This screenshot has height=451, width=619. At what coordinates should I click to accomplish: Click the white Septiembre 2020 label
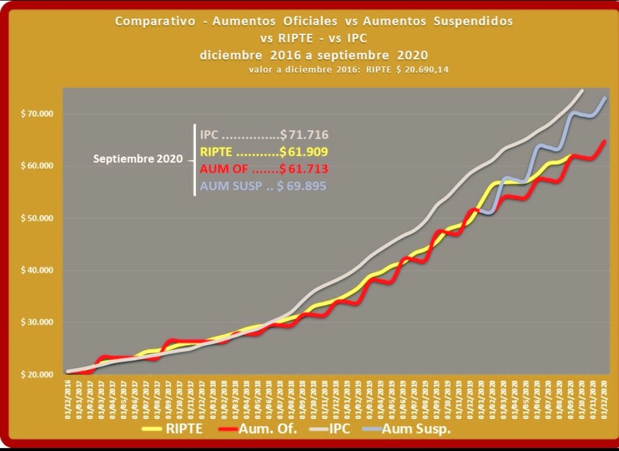click(x=138, y=160)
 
